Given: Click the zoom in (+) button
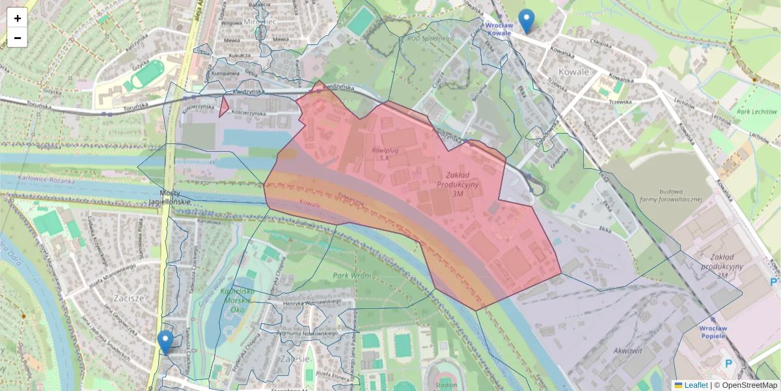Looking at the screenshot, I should (x=18, y=18).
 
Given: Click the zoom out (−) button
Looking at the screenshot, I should (x=18, y=38).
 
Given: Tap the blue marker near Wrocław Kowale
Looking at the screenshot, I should (x=526, y=21).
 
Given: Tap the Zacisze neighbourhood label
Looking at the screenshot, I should (x=128, y=298).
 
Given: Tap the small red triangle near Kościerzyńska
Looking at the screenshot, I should (x=223, y=107).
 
